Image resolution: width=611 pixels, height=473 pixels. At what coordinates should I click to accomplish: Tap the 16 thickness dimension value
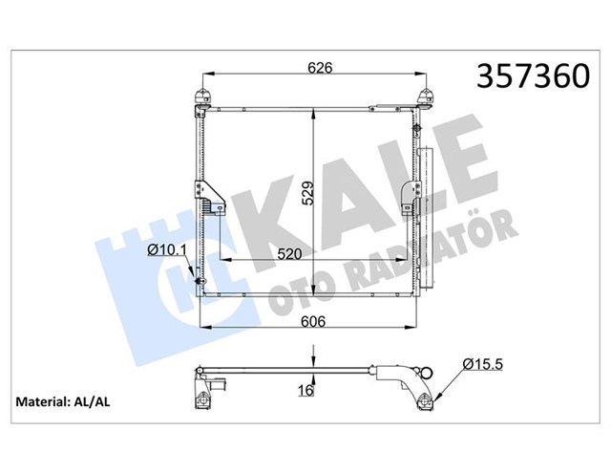305,391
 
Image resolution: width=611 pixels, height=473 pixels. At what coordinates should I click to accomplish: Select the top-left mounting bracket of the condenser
201,94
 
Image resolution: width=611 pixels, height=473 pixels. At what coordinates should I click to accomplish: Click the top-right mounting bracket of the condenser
425,94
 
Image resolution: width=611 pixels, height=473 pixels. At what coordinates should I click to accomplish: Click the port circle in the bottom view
427,375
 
